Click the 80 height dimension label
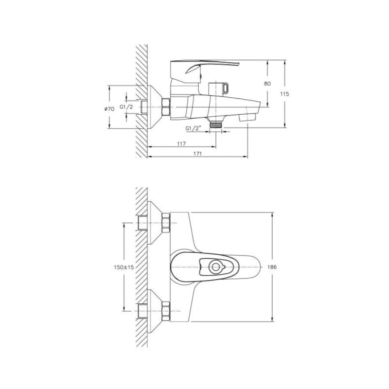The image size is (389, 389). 267,84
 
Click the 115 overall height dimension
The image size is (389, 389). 284,94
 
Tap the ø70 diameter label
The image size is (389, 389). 109,109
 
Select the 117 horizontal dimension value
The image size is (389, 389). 181,143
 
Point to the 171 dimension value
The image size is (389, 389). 197,154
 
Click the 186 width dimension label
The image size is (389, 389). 272,267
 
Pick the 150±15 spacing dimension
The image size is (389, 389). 124,267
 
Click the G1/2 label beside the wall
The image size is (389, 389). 126,107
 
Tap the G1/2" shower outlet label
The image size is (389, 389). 193,128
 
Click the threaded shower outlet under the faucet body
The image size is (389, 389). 215,124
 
